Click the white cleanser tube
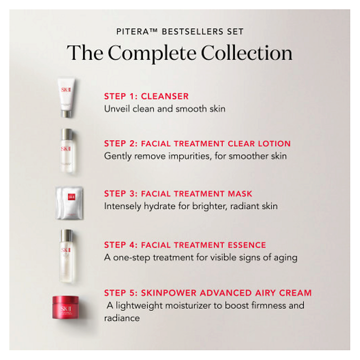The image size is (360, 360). point(67,96)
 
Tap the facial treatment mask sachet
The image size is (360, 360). point(69,202)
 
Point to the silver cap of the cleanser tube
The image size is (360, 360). point(66,113)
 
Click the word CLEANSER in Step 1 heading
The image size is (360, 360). point(165,96)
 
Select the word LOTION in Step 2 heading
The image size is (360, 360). point(272,144)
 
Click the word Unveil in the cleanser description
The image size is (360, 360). point(115,109)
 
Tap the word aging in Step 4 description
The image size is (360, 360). point(286,258)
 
